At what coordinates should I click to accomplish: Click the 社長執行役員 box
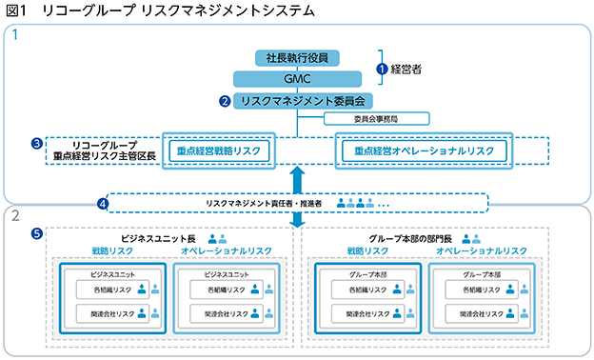pyautogui.click(x=297, y=58)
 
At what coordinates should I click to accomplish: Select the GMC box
pyautogui.click(x=297, y=79)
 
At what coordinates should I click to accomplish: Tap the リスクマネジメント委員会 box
pyautogui.click(x=303, y=101)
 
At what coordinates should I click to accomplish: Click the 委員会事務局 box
pyautogui.click(x=377, y=119)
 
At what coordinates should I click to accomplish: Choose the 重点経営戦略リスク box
pyautogui.click(x=219, y=150)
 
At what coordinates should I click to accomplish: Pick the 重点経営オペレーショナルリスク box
pyautogui.click(x=425, y=150)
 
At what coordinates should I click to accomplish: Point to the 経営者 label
pyautogui.click(x=406, y=69)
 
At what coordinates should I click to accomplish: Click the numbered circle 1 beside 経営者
pyautogui.click(x=382, y=69)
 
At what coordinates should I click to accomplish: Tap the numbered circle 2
pyautogui.click(x=225, y=101)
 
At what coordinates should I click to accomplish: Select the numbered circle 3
pyautogui.click(x=37, y=144)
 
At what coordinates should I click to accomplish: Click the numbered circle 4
pyautogui.click(x=102, y=204)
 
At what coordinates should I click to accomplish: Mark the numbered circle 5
pyautogui.click(x=37, y=233)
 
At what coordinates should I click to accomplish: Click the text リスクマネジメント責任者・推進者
pyautogui.click(x=264, y=204)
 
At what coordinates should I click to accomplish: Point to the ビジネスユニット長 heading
pyautogui.click(x=158, y=239)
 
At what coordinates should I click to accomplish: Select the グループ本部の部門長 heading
pyautogui.click(x=410, y=239)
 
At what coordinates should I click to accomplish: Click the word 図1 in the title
pyautogui.click(x=16, y=10)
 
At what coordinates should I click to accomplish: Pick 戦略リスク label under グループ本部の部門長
pyautogui.click(x=367, y=250)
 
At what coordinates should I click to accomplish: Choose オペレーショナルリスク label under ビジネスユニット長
pyautogui.click(x=227, y=250)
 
